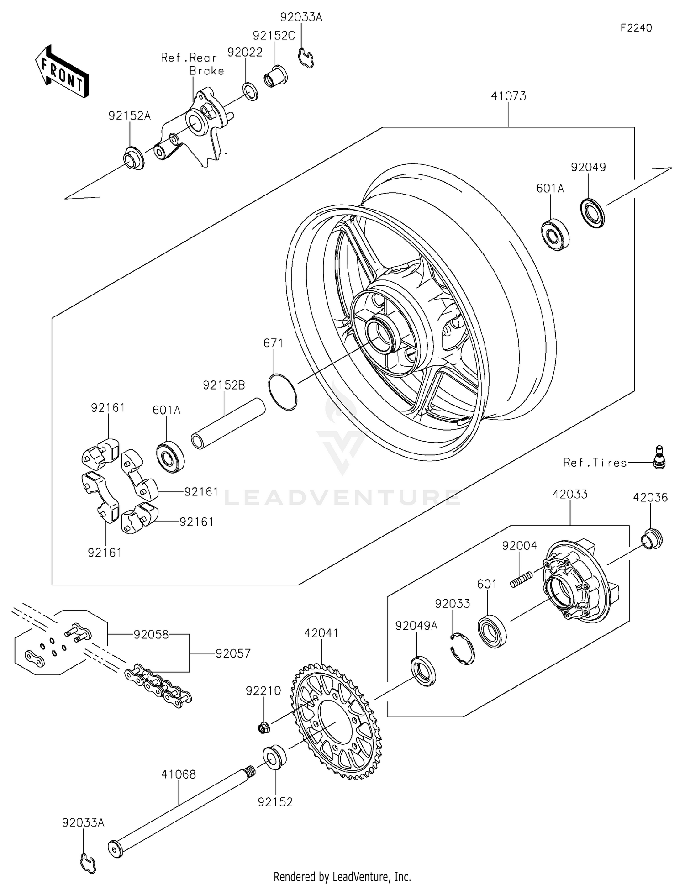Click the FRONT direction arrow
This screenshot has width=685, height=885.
[61, 71]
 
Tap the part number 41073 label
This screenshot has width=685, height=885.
[508, 96]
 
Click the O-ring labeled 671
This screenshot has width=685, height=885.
[283, 392]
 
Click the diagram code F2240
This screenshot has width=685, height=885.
[636, 28]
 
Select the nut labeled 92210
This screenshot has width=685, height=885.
[263, 727]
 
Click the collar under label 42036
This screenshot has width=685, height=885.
[651, 539]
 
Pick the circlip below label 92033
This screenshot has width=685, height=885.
[462, 648]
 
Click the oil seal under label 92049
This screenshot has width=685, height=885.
[593, 213]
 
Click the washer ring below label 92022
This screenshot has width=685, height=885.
[250, 91]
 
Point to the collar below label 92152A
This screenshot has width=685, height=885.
[133, 158]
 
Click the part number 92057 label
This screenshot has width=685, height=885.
[233, 653]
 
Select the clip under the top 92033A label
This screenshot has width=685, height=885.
[306, 58]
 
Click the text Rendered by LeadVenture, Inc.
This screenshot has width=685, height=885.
[342, 876]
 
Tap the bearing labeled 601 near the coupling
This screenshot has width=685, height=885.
[492, 632]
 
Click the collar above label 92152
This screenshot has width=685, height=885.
[275, 758]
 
